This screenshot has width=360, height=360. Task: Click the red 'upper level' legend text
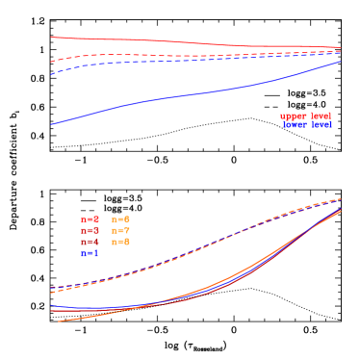pyautogui.click(x=305, y=116)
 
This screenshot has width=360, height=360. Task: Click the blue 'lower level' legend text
pyautogui.click(x=307, y=125)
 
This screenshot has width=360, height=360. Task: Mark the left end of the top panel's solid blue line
pyautogui.click(x=51, y=124)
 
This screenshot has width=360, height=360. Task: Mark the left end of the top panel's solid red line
pyautogui.click(x=51, y=38)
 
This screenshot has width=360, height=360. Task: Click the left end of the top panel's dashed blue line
pyautogui.click(x=51, y=74)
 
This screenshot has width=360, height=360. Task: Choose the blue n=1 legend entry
pyautogui.click(x=90, y=254)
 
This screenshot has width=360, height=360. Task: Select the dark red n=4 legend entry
pyautogui.click(x=90, y=243)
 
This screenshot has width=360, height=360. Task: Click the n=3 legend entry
pyautogui.click(x=90, y=231)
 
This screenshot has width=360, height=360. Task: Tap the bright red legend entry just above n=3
pyautogui.click(x=90, y=219)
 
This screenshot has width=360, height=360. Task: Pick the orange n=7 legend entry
pyautogui.click(x=120, y=231)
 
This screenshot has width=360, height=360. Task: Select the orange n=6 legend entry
pyautogui.click(x=120, y=219)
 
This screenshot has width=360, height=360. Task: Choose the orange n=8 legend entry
pyautogui.click(x=120, y=243)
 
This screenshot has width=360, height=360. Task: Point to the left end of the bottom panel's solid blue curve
pyautogui.click(x=51, y=305)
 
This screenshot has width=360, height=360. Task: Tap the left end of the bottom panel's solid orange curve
pyautogui.click(x=59, y=321)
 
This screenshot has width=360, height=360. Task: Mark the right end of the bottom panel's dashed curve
pyautogui.click(x=341, y=199)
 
